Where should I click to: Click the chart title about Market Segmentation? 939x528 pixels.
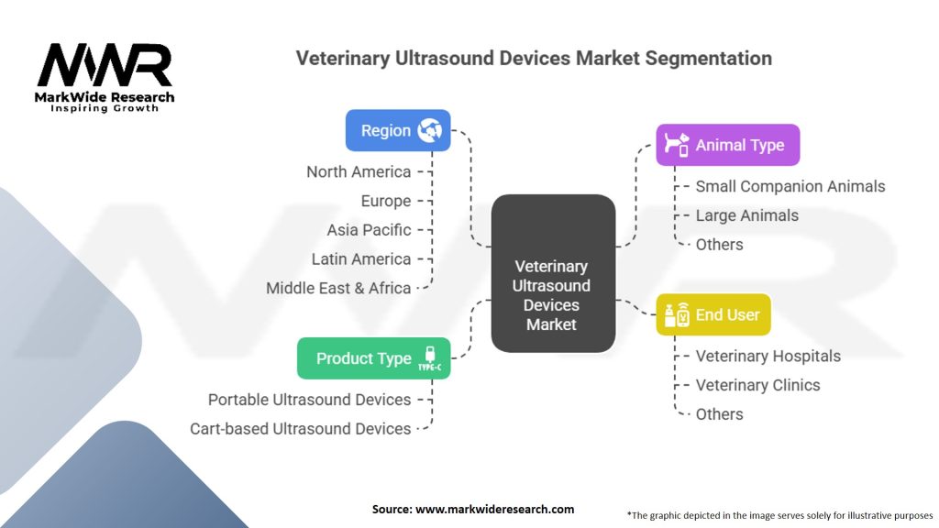pos(533,59)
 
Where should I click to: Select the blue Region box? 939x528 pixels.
pos(397,130)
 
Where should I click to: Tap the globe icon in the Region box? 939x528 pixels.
pos(429,130)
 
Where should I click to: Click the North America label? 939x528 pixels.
pos(359,171)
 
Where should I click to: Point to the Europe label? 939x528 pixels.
pos(386,201)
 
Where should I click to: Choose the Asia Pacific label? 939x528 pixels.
pos(369,230)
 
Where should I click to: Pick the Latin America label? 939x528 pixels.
pos(360,259)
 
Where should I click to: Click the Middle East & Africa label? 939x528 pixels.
pos(338,288)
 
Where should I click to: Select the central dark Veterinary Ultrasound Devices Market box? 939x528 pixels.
pos(552,273)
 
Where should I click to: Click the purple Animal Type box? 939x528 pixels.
pos(727,145)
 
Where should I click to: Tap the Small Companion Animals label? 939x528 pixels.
pos(790,186)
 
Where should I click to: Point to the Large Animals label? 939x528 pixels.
pos(746,215)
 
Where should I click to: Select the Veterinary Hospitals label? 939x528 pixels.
pos(768,356)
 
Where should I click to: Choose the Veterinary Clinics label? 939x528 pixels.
pos(757,385)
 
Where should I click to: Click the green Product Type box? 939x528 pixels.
pos(373,358)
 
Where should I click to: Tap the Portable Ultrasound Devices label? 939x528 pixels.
pos(309,400)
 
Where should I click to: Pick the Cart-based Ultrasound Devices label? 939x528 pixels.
pos(300,428)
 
